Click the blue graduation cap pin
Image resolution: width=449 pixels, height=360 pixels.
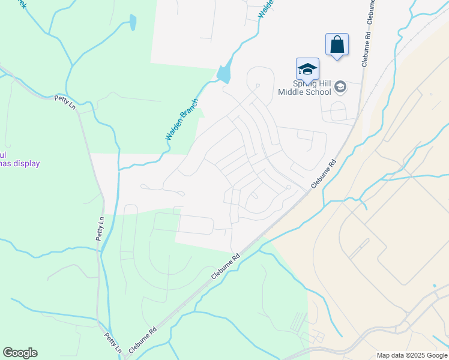[307, 69]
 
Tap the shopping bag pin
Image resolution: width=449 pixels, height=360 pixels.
[337, 45]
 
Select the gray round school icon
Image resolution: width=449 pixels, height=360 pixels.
[340, 88]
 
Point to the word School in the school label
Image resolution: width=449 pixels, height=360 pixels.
[319, 92]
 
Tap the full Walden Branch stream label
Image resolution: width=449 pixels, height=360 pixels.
[182, 119]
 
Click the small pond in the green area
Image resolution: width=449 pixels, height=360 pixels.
[132, 23]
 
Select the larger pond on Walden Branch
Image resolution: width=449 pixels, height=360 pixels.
[224, 74]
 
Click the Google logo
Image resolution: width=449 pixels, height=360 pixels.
[20, 353]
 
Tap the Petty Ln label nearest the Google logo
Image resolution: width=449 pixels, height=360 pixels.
[114, 343]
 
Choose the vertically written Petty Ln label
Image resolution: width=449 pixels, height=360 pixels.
[100, 229]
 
